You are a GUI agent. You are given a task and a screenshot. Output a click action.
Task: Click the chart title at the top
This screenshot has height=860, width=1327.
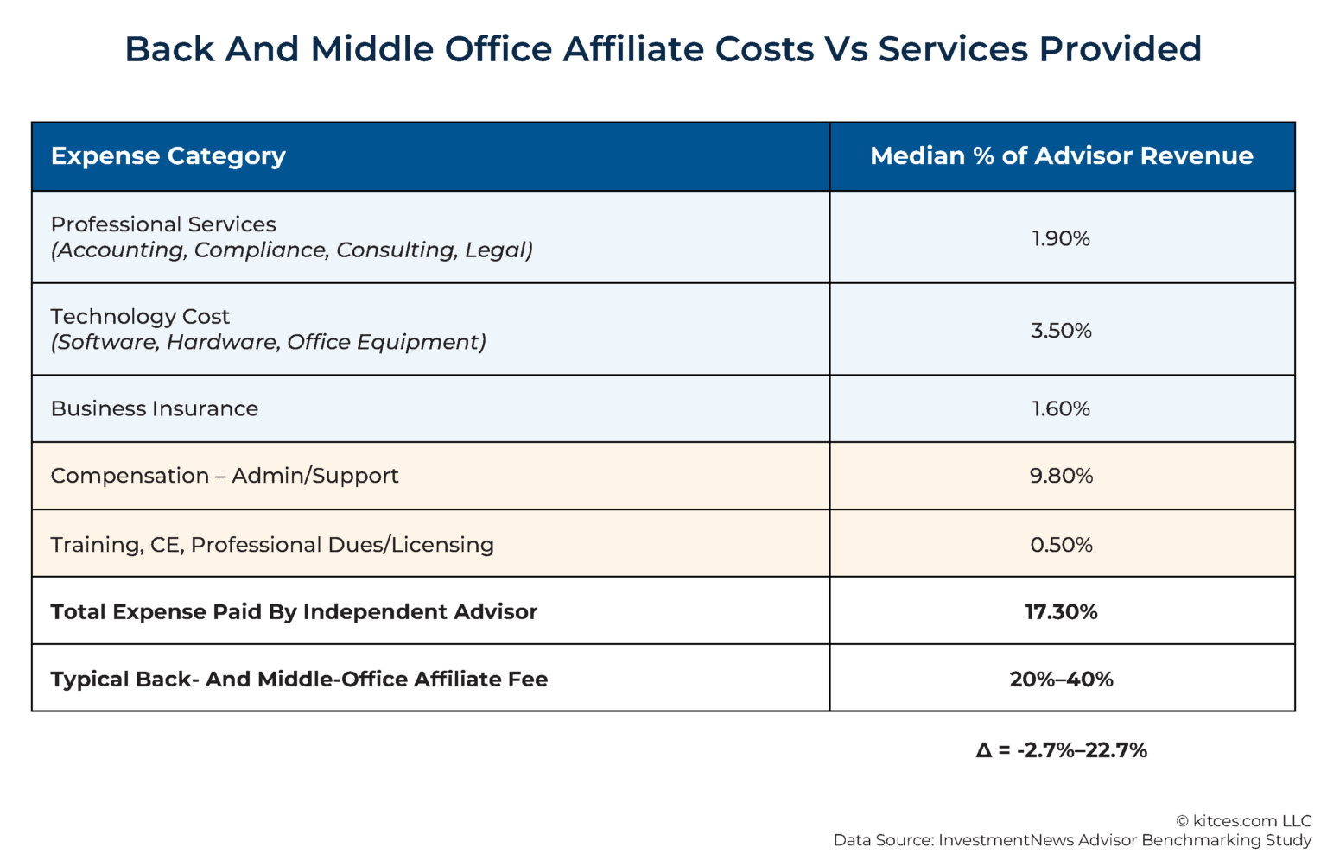(663, 49)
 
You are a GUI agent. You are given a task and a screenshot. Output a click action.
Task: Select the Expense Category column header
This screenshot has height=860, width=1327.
(168, 156)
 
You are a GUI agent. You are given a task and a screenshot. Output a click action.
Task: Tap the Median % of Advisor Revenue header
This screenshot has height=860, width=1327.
(1061, 156)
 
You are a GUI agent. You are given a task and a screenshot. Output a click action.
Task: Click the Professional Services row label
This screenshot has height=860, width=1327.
(163, 224)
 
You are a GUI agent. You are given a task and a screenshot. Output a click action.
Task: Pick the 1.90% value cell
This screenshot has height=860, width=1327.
(1061, 238)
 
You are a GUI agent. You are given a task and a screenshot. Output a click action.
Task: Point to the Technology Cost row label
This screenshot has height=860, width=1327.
(140, 317)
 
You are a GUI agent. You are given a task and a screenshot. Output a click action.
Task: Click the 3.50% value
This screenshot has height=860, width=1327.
(1061, 331)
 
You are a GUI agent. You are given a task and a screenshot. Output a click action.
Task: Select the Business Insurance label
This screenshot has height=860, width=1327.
(155, 409)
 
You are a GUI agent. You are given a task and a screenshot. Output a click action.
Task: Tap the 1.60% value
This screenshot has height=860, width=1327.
(1061, 409)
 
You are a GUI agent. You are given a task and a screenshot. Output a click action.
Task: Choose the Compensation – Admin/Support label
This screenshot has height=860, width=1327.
(225, 476)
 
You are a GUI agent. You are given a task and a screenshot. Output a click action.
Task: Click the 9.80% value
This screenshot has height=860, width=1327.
(1061, 476)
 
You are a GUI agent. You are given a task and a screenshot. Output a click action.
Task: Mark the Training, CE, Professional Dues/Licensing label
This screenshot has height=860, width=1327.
(272, 545)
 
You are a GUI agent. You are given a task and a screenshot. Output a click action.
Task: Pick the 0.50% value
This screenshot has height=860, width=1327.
(1061, 545)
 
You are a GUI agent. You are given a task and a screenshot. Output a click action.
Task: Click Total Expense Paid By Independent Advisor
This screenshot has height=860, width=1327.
(294, 612)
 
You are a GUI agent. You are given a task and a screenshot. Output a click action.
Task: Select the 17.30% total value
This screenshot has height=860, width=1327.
(1061, 612)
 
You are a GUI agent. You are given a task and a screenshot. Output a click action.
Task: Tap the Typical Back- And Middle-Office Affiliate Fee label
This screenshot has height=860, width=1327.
(299, 680)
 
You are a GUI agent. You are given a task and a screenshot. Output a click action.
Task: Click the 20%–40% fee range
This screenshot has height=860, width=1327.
(1061, 680)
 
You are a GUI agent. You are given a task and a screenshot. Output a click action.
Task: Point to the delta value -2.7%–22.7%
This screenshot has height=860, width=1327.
(1061, 750)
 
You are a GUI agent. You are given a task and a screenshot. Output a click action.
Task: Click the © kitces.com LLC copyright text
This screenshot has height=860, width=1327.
(1243, 821)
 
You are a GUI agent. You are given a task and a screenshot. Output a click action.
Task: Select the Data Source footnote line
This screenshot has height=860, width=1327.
(1072, 840)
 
